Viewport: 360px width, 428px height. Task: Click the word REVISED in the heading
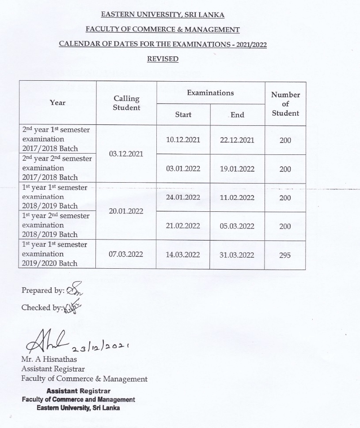point(163,59)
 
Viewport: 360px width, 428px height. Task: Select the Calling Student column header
point(126,103)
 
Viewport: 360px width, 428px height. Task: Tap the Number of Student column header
point(285,104)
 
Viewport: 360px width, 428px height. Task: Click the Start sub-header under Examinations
point(183,115)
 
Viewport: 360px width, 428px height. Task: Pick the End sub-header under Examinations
point(237,115)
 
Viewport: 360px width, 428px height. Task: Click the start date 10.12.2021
point(183,140)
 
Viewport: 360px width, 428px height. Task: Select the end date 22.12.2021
point(237,140)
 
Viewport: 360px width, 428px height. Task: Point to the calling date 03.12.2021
point(126,154)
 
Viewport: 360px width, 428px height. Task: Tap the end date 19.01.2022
point(237,169)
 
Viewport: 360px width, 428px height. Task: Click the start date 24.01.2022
point(183,197)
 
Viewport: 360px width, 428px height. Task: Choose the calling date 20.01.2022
point(126,211)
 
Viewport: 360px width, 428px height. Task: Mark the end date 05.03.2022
point(237,226)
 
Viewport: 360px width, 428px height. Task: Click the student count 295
point(285,255)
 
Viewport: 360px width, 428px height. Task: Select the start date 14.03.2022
point(183,255)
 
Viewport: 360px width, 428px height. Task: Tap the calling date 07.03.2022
point(126,255)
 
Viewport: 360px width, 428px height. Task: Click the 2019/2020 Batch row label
point(49,263)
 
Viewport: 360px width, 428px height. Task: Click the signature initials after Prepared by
point(74,291)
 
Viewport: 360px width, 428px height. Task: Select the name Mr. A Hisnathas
point(45,359)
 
